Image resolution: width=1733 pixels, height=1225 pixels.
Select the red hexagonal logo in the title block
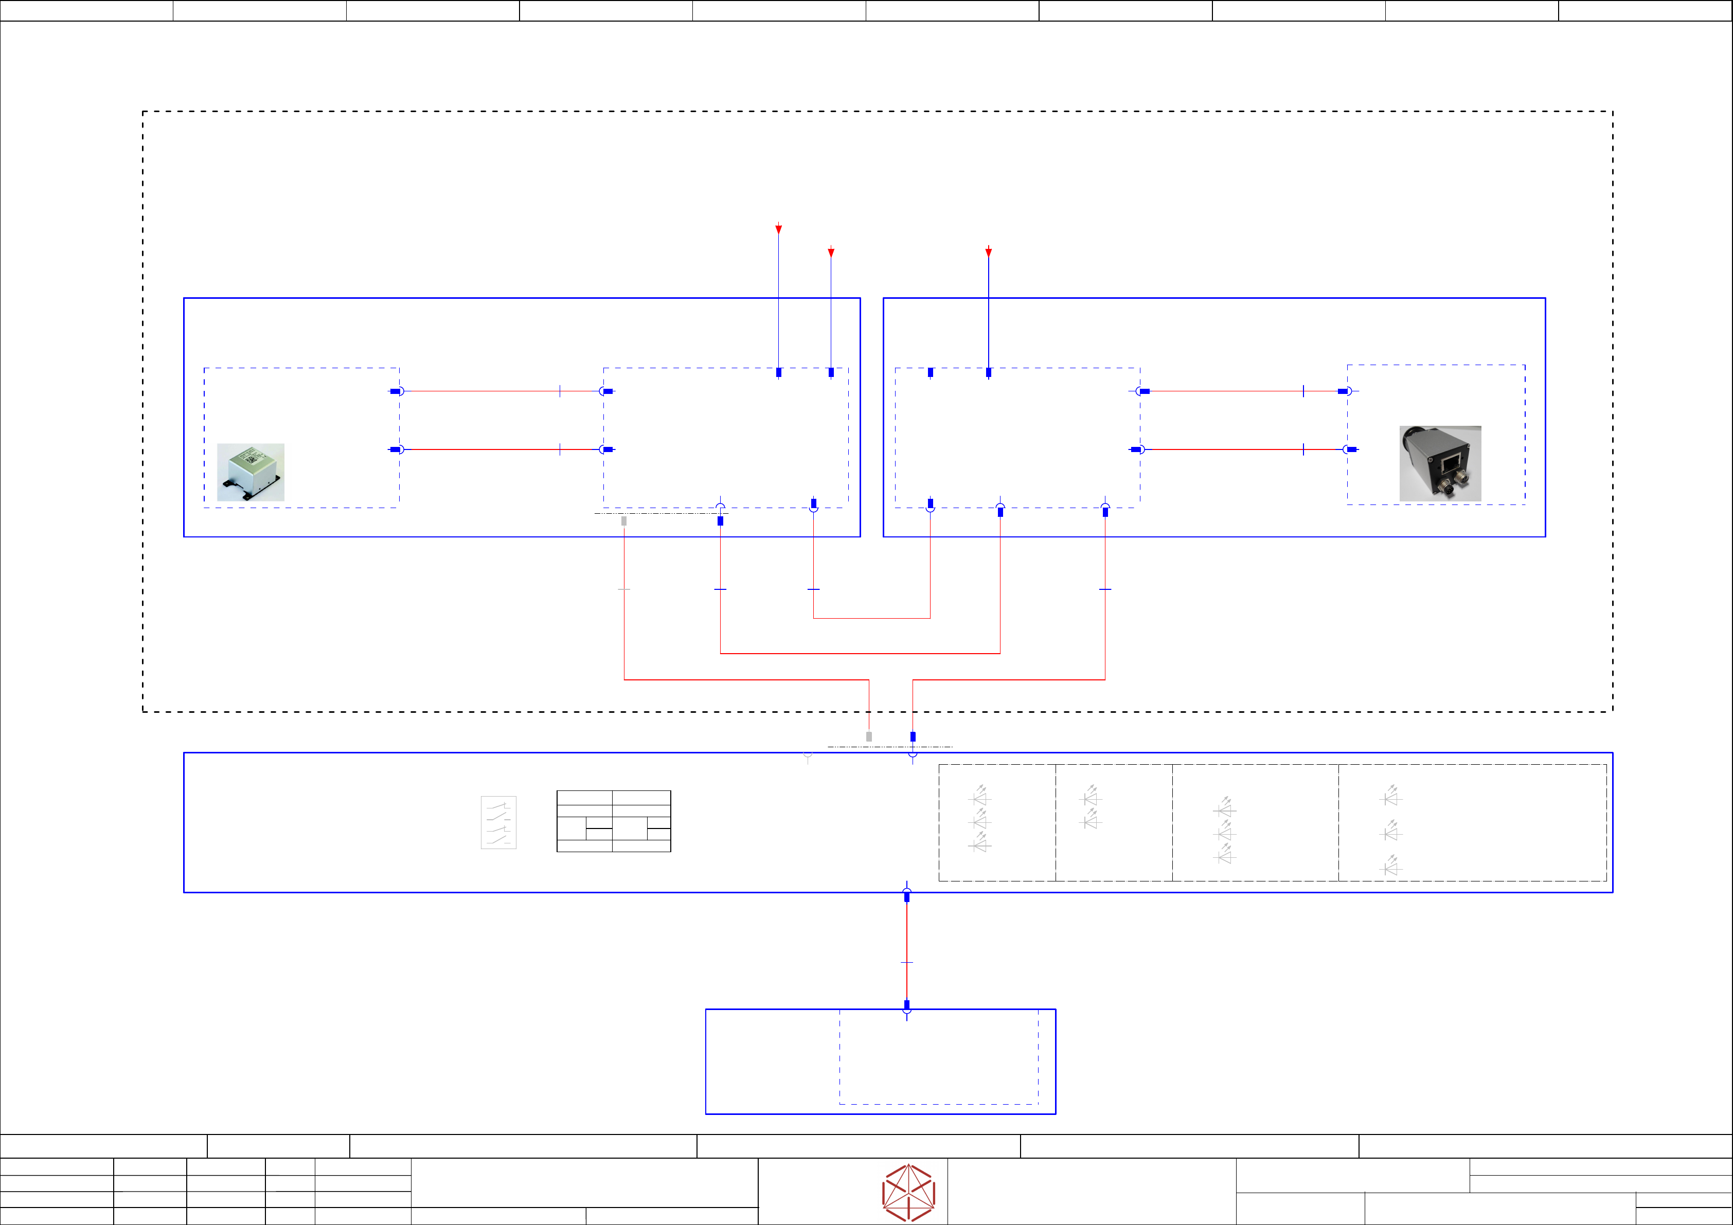[909, 1193]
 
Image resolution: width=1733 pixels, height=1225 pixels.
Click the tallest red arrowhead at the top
[778, 229]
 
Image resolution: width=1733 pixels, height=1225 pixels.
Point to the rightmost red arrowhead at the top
[988, 252]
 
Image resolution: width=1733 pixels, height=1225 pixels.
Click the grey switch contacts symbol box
[498, 822]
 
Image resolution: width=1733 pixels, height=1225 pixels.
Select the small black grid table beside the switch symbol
[613, 821]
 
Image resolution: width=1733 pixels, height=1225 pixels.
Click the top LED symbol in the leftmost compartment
[980, 796]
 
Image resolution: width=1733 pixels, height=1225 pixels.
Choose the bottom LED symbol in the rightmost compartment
[1390, 867]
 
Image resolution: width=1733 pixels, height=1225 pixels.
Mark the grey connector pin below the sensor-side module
[623, 521]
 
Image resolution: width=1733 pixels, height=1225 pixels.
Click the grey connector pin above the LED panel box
[869, 736]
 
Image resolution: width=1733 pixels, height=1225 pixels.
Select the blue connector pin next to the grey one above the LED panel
[913, 736]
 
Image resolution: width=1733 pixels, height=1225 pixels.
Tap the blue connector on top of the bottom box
[906, 1005]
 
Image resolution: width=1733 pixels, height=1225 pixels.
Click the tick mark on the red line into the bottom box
[906, 962]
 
